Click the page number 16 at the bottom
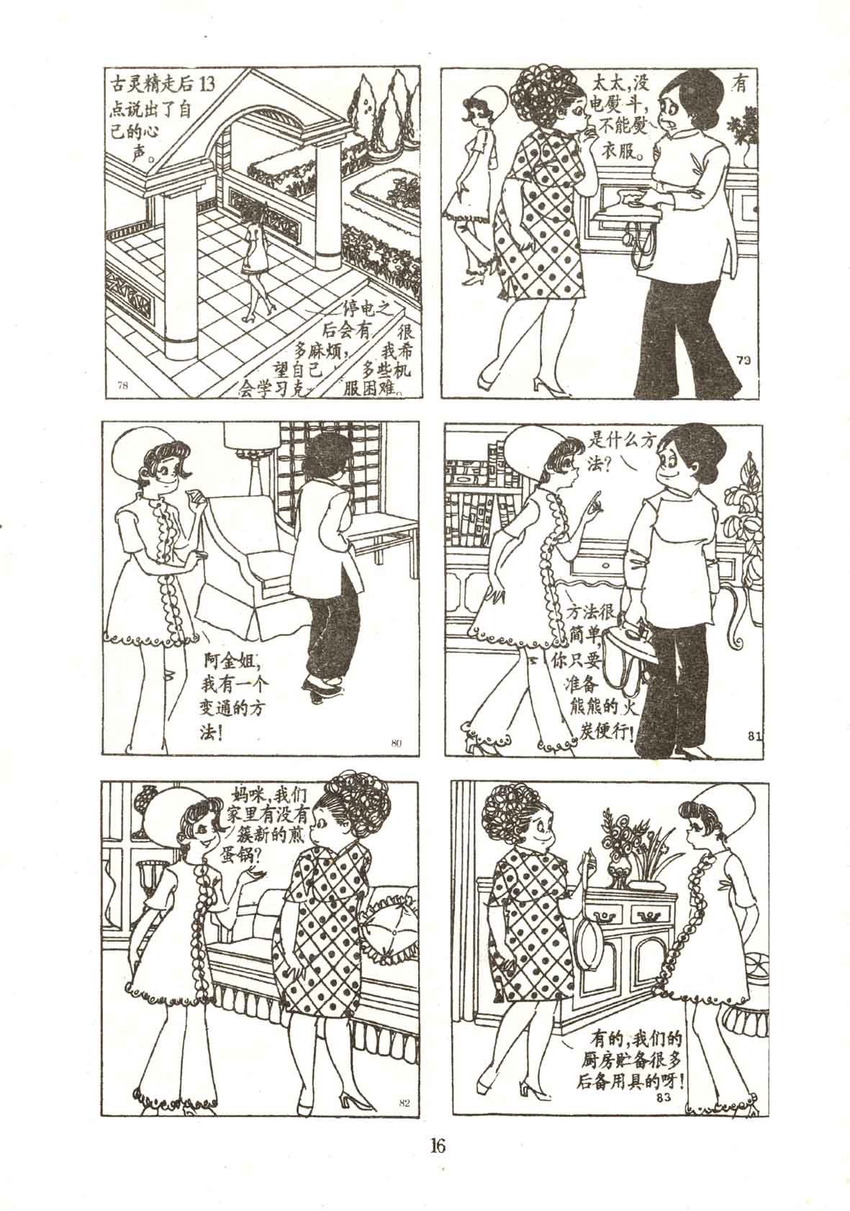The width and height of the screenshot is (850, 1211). coord(437,1143)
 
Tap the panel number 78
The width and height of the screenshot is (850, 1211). coord(122,385)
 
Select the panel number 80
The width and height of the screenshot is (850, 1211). coord(396,742)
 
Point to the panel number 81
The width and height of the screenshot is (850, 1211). coord(754,735)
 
